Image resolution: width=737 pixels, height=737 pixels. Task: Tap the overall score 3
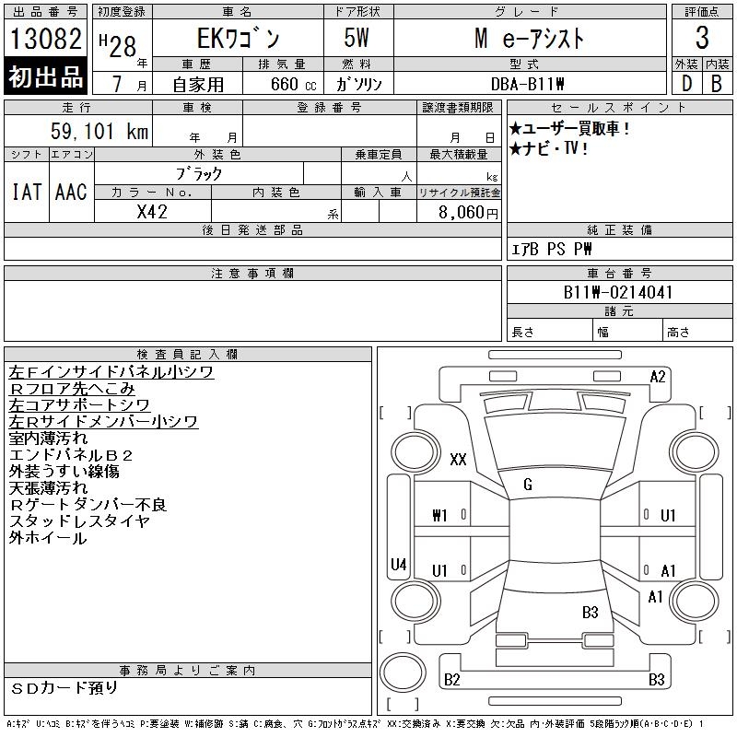(x=702, y=39)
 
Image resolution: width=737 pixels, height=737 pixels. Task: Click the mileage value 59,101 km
(x=99, y=132)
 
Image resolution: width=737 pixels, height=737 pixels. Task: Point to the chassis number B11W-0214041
(x=618, y=293)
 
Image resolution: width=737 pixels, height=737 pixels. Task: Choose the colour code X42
(x=152, y=211)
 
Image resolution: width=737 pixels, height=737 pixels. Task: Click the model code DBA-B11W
(x=546, y=84)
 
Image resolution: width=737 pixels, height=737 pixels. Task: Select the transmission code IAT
(x=27, y=192)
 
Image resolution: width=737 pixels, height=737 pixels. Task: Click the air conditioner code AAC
(x=71, y=192)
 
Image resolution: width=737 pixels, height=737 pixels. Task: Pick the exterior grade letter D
(x=686, y=84)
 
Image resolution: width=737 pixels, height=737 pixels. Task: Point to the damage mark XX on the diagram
(x=458, y=460)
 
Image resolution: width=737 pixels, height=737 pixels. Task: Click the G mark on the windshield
(x=528, y=485)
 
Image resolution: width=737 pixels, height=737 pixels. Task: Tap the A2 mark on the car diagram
(x=658, y=376)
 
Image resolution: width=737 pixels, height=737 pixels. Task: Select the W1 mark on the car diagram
(x=439, y=516)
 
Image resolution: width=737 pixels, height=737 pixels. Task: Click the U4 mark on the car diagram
(x=399, y=564)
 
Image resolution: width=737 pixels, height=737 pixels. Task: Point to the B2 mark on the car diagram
(x=451, y=680)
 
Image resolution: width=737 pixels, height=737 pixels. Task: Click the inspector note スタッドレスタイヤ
(x=79, y=521)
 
